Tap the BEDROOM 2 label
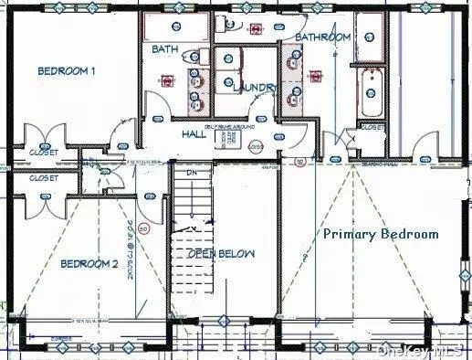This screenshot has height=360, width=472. tap(89, 264)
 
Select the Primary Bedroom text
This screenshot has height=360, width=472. tap(382, 234)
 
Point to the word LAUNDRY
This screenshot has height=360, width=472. tap(248, 88)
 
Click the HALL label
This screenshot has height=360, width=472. tap(193, 133)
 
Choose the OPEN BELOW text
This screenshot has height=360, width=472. tap(222, 253)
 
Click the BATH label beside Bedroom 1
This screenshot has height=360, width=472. tap(165, 49)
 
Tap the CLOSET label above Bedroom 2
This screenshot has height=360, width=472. tap(43, 178)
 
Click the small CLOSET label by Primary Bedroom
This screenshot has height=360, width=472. tap(372, 129)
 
